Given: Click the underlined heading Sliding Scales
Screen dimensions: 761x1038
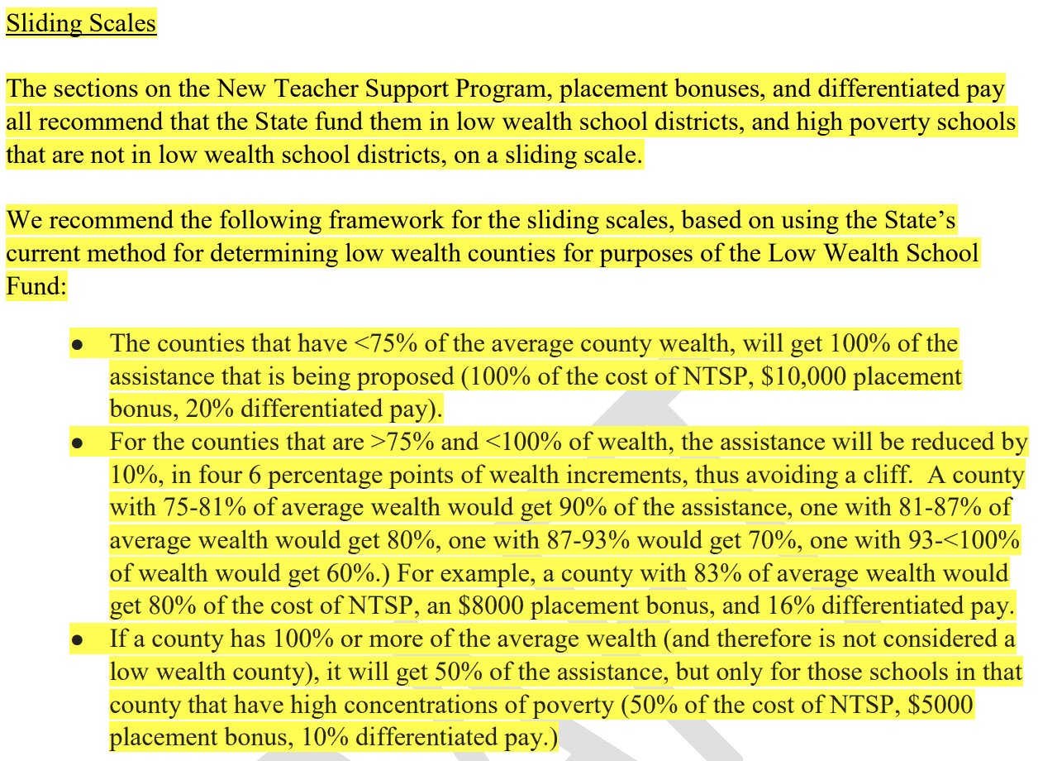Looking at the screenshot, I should coord(81,22).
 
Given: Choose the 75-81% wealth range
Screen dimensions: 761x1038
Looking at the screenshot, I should coord(207,507).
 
